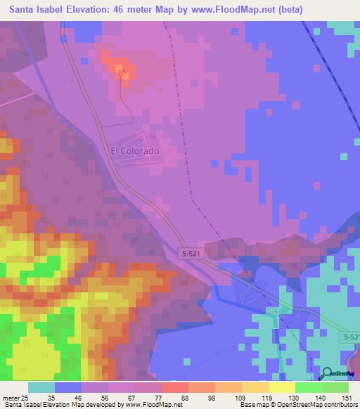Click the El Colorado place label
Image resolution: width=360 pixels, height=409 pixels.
tap(135, 151)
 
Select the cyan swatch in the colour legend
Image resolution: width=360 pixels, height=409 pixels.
tap(41, 387)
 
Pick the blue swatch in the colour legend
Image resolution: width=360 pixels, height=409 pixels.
tap(68, 387)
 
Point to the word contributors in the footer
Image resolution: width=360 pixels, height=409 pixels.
tap(340, 405)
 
